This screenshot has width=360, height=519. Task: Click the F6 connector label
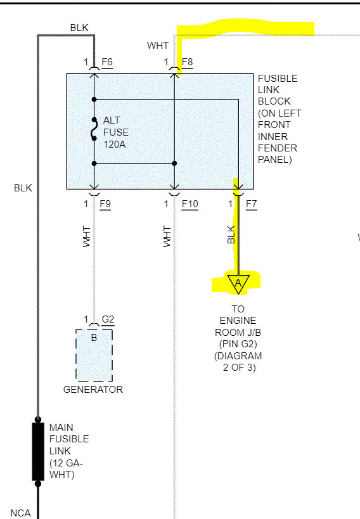pyautogui.click(x=106, y=62)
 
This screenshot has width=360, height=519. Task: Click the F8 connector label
pyautogui.click(x=188, y=62)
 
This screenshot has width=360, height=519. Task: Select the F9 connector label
pyautogui.click(x=105, y=204)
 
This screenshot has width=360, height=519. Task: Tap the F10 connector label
pyautogui.click(x=190, y=204)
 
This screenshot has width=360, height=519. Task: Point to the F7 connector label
pyautogui.click(x=251, y=204)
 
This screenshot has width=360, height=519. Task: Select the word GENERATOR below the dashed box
pyautogui.click(x=93, y=390)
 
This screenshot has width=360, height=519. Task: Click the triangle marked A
pyautogui.click(x=238, y=283)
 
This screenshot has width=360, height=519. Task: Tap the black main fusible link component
pyautogui.click(x=37, y=451)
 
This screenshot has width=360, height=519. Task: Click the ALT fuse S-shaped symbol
pyautogui.click(x=94, y=131)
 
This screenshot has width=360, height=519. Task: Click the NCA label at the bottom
pyautogui.click(x=20, y=513)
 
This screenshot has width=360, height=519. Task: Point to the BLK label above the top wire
pyautogui.click(x=79, y=28)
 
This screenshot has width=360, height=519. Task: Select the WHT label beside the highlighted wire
pyautogui.click(x=158, y=46)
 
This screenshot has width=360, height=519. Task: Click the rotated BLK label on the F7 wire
pyautogui.click(x=231, y=235)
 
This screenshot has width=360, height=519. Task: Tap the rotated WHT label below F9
pyautogui.click(x=87, y=236)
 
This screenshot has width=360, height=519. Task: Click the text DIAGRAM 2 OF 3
pyautogui.click(x=238, y=361)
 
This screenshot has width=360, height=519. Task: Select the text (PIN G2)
pyautogui.click(x=238, y=343)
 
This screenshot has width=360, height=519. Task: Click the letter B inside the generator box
pyautogui.click(x=94, y=337)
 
